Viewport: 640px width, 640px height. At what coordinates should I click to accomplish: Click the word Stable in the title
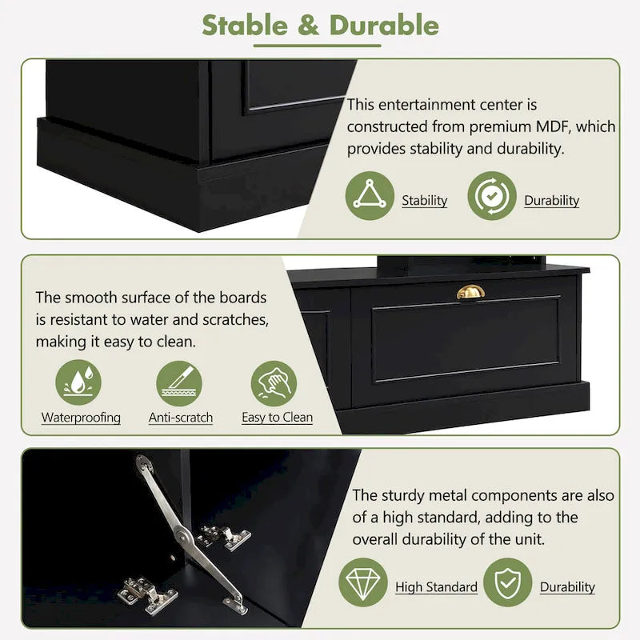click(x=245, y=26)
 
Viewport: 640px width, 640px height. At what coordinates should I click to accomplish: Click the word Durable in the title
click(x=384, y=26)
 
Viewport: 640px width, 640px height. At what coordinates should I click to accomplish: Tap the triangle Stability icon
click(x=370, y=195)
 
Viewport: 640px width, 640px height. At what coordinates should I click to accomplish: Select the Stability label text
click(x=425, y=201)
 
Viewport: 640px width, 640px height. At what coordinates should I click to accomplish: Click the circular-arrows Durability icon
click(x=492, y=195)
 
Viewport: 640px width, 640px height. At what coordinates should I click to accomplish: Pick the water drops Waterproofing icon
click(x=78, y=382)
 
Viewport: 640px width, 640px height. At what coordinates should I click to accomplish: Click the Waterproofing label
click(x=81, y=418)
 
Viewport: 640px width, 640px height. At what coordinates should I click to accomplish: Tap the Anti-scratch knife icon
click(x=179, y=384)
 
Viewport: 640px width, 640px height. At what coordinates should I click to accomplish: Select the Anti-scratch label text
click(x=181, y=418)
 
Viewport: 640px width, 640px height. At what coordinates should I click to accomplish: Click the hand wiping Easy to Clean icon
click(x=274, y=384)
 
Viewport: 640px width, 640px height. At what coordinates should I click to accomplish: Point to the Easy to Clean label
click(x=277, y=417)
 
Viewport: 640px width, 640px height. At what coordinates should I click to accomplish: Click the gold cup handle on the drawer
click(x=470, y=292)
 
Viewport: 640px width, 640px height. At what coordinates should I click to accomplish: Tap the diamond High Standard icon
click(x=363, y=582)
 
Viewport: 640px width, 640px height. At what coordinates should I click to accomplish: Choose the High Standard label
click(x=436, y=587)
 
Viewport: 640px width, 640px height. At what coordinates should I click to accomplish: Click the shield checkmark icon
click(x=508, y=582)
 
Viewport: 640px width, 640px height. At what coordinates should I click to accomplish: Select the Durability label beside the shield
click(x=567, y=587)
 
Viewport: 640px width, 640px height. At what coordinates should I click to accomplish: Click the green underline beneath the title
click(x=317, y=46)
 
